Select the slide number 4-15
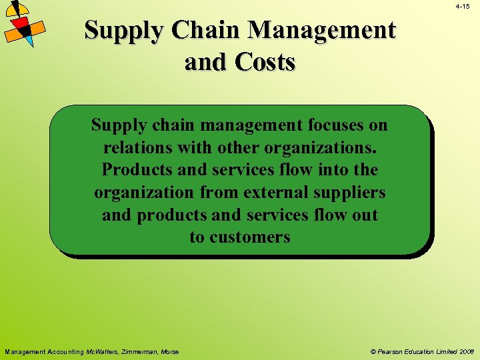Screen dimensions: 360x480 point(463,6)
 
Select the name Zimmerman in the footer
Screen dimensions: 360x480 point(140,351)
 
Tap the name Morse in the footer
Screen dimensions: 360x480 point(170,351)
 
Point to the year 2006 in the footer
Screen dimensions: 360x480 point(467,351)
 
